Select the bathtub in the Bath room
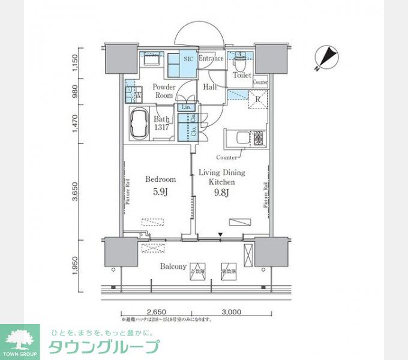pos(140,124)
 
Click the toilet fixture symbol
pos(241,61)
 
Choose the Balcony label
pos(173,266)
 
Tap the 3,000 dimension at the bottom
pos(230,312)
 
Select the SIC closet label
pos(188,59)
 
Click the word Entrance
pos(211,59)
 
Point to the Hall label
pos(209,88)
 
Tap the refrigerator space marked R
pos(257,100)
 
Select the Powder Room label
pos(163,91)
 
